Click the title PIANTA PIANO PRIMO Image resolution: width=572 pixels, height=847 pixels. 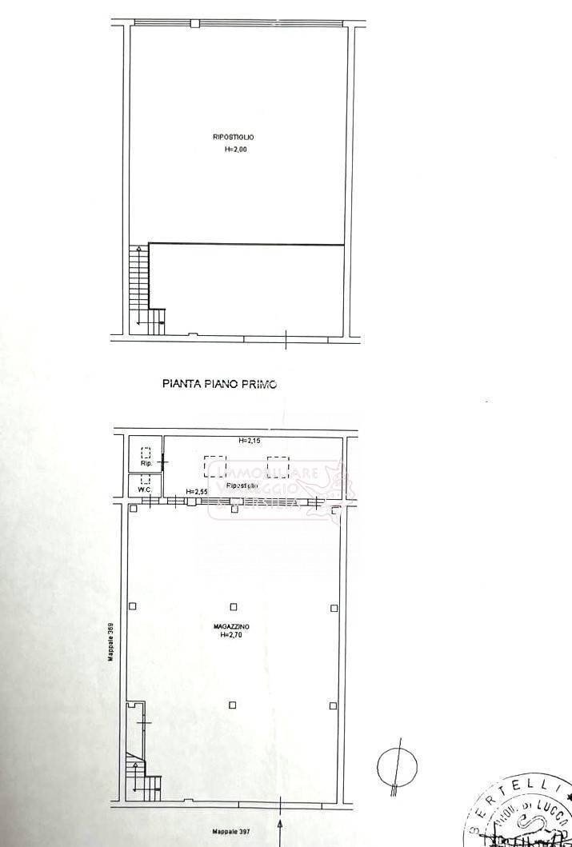pyautogui.click(x=219, y=384)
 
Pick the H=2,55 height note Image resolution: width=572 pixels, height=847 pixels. pyautogui.click(x=197, y=491)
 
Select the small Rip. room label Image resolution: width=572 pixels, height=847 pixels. pyautogui.click(x=146, y=464)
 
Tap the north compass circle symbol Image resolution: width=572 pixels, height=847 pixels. pyautogui.click(x=397, y=765)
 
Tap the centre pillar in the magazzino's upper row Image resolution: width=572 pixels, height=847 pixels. pyautogui.click(x=234, y=607)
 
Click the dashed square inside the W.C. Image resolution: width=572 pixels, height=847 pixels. pyautogui.click(x=146, y=480)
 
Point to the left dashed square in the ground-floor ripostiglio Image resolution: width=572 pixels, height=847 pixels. pyautogui.click(x=214, y=465)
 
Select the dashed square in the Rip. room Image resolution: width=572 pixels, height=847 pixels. pyautogui.click(x=146, y=452)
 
